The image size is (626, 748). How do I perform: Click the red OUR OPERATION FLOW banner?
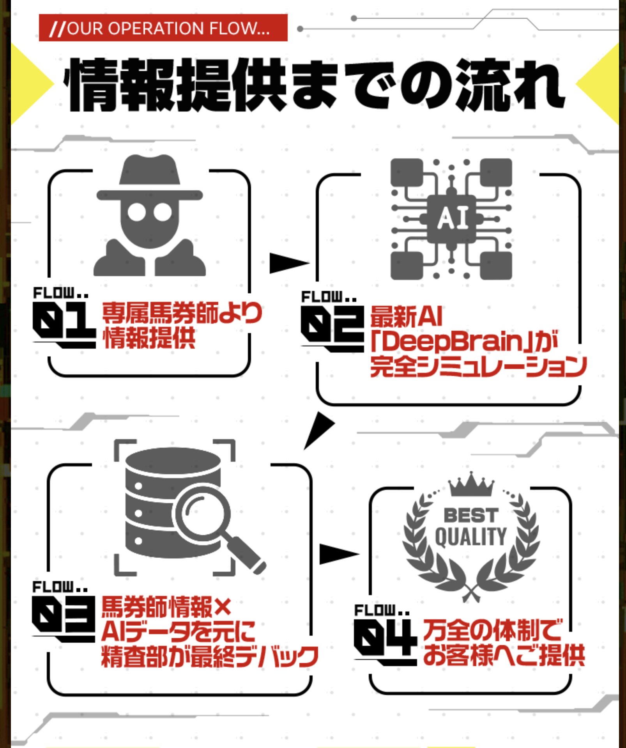(163, 28)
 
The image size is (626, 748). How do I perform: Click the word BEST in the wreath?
(471, 515)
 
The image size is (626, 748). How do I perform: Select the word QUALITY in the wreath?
(471, 537)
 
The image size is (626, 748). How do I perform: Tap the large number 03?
(64, 617)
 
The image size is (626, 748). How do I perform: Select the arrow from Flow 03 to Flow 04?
(338, 554)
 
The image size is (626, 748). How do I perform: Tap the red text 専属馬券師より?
(182, 313)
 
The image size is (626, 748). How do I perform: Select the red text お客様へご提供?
(504, 655)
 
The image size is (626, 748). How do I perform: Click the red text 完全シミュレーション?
(478, 367)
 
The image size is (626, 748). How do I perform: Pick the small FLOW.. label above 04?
(381, 610)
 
